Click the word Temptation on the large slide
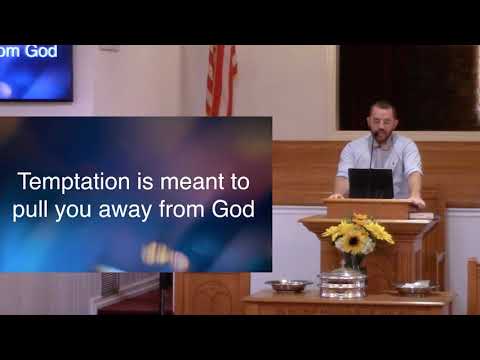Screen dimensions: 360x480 (x=67, y=183)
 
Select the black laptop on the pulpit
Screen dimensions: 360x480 (x=370, y=184)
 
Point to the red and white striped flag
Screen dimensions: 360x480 (x=220, y=80)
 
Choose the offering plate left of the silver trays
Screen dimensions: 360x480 (x=288, y=285)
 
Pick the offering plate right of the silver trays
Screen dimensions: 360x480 (x=413, y=287)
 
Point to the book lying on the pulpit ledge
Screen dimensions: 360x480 (x=420, y=215)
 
